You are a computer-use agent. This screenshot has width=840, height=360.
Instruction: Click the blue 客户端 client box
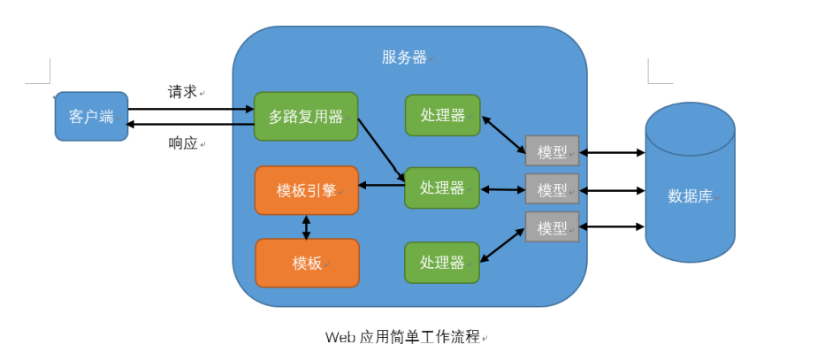coord(91,117)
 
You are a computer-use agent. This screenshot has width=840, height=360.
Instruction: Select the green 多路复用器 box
coord(305,117)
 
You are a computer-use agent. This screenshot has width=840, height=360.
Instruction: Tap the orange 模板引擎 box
coord(306,190)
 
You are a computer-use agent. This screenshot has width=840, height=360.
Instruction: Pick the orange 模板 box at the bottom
coord(307,263)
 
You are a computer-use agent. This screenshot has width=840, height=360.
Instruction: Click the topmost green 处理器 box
coord(442,116)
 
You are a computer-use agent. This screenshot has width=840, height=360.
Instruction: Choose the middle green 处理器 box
coord(441,188)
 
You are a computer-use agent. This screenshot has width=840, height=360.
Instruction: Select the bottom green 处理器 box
coord(442,263)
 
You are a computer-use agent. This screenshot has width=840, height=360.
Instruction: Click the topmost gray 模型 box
coord(552,152)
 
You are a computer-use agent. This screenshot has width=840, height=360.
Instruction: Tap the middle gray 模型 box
coord(552,189)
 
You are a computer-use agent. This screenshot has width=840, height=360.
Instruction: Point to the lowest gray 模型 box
coord(552,227)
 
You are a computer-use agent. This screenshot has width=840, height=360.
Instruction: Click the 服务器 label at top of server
coord(404,57)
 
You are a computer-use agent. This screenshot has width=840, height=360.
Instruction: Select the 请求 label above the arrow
coord(183,92)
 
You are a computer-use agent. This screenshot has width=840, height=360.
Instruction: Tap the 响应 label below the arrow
coord(183,143)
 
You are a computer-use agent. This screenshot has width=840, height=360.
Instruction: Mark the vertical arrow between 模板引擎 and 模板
coord(307,226)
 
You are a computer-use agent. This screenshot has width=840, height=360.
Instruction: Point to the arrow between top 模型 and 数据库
coord(612,152)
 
